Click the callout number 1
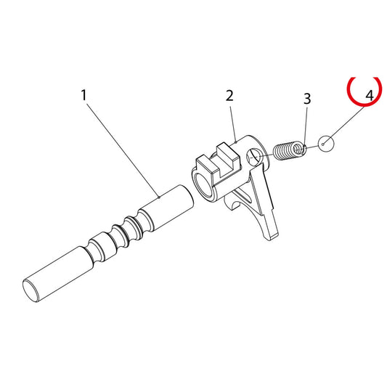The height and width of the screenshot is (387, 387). click(x=84, y=95)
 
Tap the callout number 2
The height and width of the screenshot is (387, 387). click(x=229, y=96)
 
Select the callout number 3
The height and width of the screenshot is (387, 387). click(x=307, y=99)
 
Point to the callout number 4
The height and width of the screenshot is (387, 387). click(x=370, y=96)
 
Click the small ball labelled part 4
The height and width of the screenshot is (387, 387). click(x=326, y=144)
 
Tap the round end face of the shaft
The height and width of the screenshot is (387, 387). click(x=30, y=290)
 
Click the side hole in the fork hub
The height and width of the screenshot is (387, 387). click(x=255, y=158)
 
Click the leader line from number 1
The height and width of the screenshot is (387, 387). click(x=123, y=150)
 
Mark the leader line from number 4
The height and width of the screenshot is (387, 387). click(x=344, y=125)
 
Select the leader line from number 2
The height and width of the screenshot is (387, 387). click(x=233, y=124)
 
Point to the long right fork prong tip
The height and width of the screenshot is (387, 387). click(x=271, y=236)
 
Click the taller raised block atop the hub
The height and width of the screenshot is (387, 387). click(x=227, y=160)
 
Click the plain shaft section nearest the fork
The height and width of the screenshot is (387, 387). click(x=166, y=208)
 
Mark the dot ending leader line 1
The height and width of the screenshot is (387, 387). click(x=160, y=197)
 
